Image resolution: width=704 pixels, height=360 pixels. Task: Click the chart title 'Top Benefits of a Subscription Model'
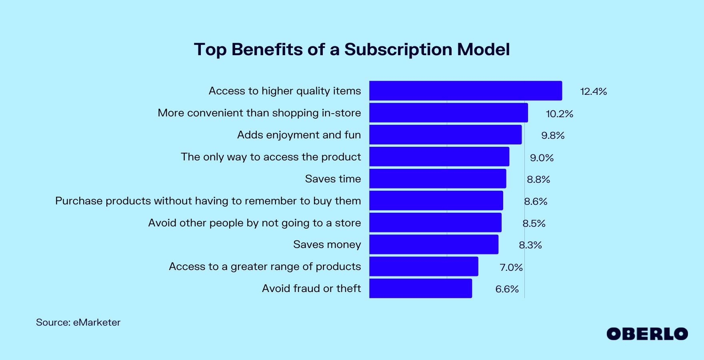[x=352, y=50]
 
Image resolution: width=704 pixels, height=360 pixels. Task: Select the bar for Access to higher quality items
[x=466, y=91]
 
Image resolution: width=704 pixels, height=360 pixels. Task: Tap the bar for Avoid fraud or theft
[x=420, y=288]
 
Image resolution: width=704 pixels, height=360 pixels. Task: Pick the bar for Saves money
[x=434, y=244]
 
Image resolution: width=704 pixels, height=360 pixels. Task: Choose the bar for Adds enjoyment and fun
[x=445, y=135]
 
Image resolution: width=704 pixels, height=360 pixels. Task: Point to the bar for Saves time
[x=438, y=179]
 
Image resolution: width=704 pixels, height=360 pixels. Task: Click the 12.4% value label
[x=594, y=92]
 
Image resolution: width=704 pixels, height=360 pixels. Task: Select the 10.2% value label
[x=560, y=114]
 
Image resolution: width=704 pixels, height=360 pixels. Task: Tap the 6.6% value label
[x=507, y=289]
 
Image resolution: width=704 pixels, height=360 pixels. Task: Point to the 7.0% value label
[x=511, y=267]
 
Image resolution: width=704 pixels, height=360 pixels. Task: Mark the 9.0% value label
[x=542, y=158]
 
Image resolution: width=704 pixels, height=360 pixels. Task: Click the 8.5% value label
[x=534, y=224]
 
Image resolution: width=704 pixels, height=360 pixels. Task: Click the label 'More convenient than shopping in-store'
[x=259, y=113]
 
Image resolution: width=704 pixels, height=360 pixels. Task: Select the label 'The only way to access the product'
[x=271, y=157]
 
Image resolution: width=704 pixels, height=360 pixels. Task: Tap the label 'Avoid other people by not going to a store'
[x=254, y=223]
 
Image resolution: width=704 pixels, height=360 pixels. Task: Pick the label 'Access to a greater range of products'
[x=265, y=267]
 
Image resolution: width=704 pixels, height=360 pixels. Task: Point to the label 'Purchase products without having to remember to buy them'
[x=208, y=201]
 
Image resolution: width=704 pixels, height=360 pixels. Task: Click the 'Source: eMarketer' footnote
[x=78, y=322]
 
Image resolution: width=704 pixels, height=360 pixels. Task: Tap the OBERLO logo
[x=647, y=334]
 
